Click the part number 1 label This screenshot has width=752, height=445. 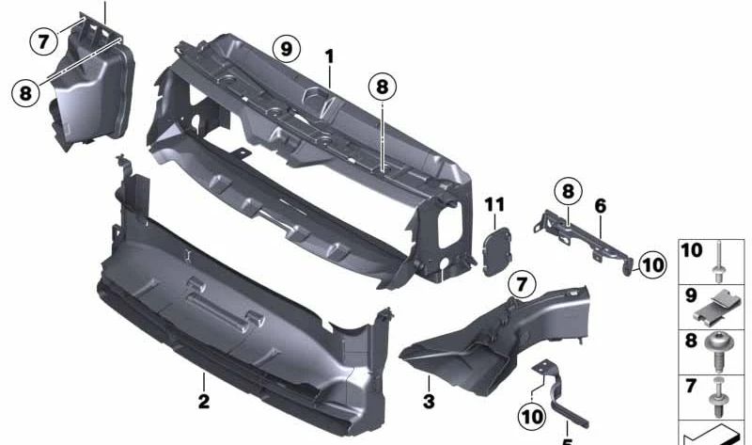tap(330, 57)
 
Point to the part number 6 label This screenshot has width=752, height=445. tap(600, 204)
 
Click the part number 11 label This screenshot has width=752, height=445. tap(494, 205)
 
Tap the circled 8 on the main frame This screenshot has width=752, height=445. tap(382, 87)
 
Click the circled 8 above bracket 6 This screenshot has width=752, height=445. tap(568, 192)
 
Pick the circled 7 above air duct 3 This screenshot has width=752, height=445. tap(522, 283)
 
